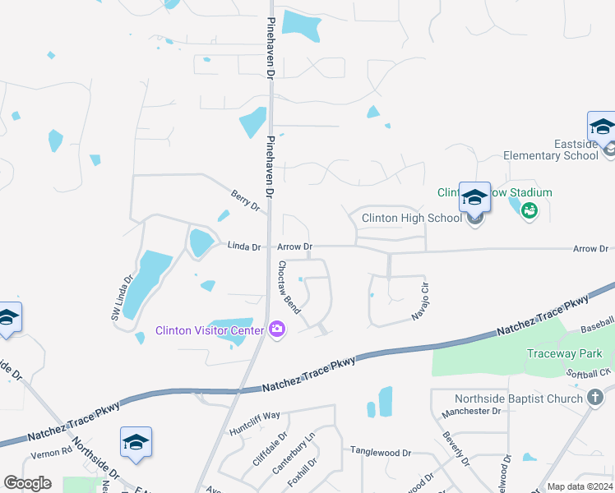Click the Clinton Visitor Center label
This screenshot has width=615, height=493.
click(x=210, y=331)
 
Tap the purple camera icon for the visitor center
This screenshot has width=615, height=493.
click(x=277, y=330)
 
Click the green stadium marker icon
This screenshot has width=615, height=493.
click(x=529, y=210)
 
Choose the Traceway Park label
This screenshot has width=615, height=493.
click(x=565, y=354)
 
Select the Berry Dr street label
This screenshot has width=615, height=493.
click(x=245, y=200)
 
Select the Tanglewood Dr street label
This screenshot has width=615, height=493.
click(x=381, y=452)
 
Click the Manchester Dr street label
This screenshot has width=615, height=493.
click(x=471, y=411)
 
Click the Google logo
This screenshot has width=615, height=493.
click(x=27, y=483)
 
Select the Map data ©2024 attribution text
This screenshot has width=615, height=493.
click(x=580, y=486)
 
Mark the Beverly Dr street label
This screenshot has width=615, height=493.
click(x=455, y=450)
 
